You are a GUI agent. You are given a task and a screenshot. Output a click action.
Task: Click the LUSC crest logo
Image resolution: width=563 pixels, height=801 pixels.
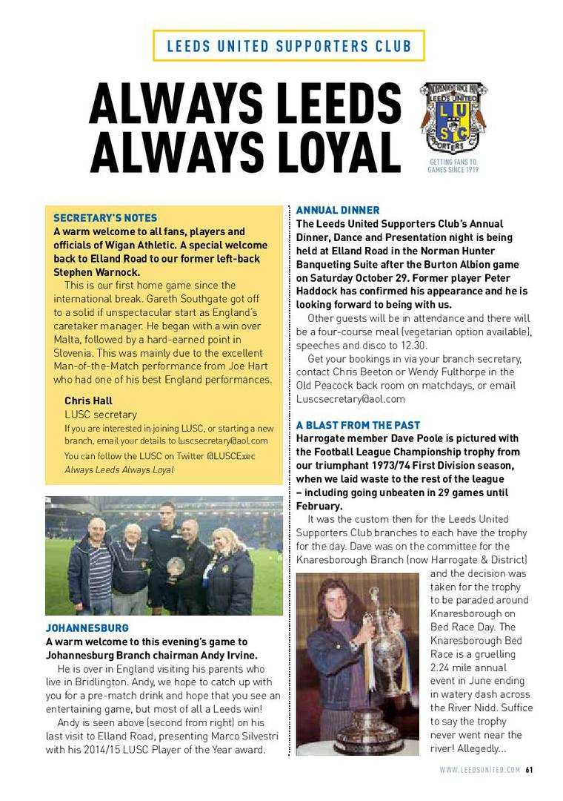click(x=453, y=117)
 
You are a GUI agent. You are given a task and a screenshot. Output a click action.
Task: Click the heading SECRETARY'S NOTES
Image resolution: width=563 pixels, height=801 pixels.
click(x=105, y=218)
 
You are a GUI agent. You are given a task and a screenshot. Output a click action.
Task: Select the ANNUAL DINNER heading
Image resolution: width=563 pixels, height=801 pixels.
click(x=338, y=211)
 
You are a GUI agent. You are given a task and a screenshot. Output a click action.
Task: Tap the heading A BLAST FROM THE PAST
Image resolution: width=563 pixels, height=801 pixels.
click(x=358, y=426)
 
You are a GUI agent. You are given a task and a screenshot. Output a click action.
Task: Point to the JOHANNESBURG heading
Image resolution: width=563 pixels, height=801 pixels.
click(x=87, y=628)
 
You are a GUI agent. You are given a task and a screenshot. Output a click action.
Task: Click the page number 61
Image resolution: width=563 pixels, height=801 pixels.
click(x=529, y=770)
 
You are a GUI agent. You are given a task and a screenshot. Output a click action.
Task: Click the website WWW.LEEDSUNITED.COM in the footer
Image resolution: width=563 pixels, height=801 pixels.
click(x=480, y=770)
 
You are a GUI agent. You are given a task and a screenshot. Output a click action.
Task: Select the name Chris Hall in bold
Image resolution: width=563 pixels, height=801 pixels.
click(x=88, y=401)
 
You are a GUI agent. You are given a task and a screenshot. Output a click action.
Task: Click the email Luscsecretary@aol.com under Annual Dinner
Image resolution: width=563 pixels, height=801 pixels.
click(x=350, y=399)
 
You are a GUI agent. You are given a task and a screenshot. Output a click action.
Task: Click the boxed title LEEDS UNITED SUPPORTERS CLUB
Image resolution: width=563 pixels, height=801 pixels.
click(x=289, y=46)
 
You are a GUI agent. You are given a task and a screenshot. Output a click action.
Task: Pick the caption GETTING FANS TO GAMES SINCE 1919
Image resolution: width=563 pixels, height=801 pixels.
click(x=453, y=165)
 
